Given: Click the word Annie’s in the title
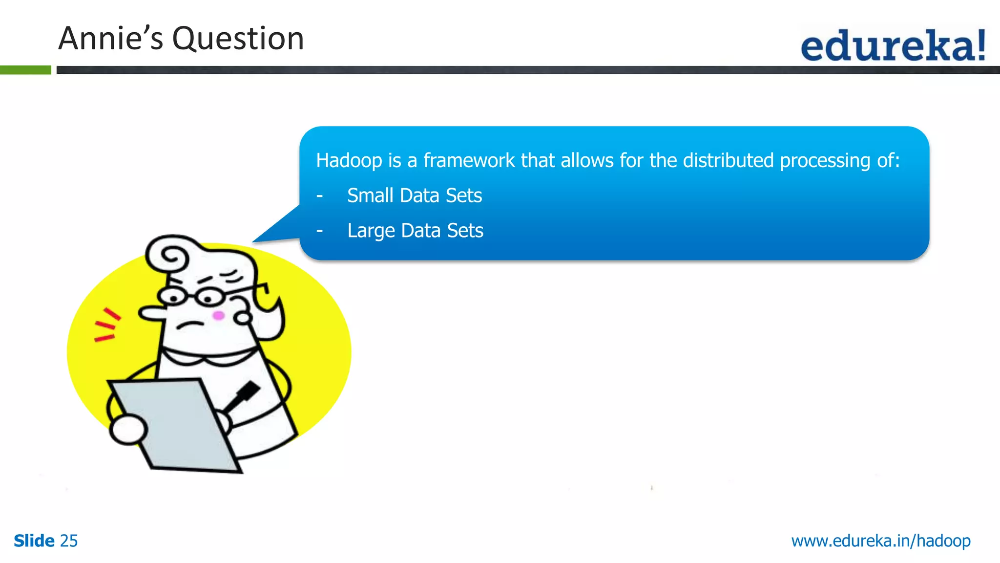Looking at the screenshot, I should [x=111, y=39].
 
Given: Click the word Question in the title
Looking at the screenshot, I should [x=238, y=39].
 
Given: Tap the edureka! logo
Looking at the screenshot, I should [x=893, y=45].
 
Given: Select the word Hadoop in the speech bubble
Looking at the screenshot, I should [x=349, y=161].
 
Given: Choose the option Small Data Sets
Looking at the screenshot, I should [x=415, y=195].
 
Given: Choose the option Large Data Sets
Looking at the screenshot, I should [x=415, y=231].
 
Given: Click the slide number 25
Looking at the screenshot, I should [x=69, y=541].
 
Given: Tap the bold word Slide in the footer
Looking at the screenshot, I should [x=34, y=541].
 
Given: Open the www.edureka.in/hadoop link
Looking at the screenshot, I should [x=881, y=541].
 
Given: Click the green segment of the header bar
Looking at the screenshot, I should [x=25, y=70].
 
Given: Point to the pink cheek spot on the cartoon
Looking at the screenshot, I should [x=218, y=316].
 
